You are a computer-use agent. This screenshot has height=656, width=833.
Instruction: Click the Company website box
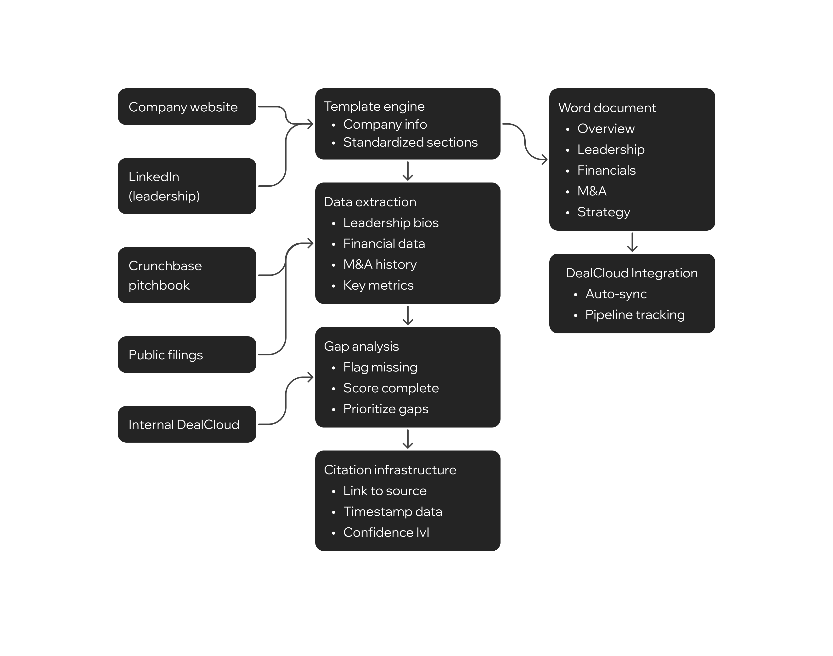[187, 107]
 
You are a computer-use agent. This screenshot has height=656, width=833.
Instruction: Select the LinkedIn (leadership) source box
[187, 186]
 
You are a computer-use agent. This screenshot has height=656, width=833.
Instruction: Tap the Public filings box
[187, 354]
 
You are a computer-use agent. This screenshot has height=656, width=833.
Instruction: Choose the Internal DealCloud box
[187, 424]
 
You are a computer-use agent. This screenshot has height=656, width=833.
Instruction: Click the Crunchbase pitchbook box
[187, 275]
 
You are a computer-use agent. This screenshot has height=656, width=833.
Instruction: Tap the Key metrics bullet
[378, 285]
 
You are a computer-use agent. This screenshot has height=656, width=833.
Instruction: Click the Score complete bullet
[391, 388]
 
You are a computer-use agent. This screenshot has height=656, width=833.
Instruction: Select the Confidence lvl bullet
[386, 532]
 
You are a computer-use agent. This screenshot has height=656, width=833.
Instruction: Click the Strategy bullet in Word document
[603, 212]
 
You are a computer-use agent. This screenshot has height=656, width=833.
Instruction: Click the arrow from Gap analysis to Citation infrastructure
[408, 439]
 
